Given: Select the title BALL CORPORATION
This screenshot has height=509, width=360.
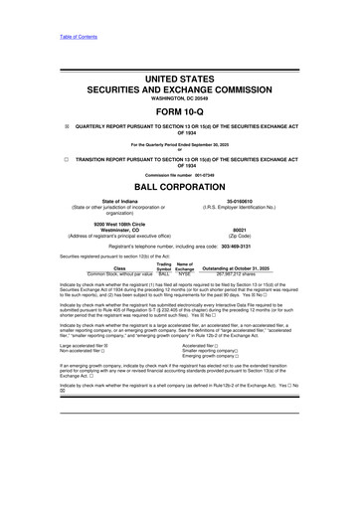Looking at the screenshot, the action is point(179,211).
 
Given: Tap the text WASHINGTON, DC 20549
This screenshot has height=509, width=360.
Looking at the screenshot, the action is point(179,94).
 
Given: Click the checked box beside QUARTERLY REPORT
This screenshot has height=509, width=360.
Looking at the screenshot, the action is point(37,127).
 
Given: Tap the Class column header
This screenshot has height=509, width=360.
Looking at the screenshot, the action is point(120,297).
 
